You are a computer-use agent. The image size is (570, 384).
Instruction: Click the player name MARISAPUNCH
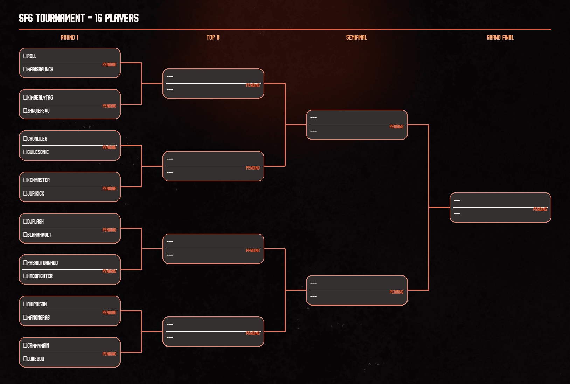point(40,69)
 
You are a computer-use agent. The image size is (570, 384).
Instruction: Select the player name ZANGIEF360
point(38,111)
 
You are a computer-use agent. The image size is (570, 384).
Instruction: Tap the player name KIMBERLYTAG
point(40,97)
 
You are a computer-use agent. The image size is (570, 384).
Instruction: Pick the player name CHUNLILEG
point(37,139)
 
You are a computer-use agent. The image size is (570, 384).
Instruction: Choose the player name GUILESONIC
point(38,152)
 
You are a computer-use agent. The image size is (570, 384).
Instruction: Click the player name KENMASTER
point(38,180)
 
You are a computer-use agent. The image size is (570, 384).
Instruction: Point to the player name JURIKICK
point(35,193)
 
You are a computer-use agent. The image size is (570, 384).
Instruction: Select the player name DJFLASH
point(35,221)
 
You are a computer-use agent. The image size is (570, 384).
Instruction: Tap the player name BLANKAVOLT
point(39,235)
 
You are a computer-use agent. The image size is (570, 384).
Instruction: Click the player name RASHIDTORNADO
point(42,263)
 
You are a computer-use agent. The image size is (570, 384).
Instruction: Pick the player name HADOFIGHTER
point(40,276)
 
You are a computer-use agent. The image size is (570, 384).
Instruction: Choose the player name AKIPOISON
point(37,304)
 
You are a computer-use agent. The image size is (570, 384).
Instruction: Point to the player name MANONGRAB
point(38,317)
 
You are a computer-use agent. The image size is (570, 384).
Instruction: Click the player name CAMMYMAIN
point(38,345)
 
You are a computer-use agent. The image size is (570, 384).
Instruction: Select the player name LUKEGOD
point(35,359)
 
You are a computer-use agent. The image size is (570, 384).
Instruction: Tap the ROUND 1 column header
point(70,37)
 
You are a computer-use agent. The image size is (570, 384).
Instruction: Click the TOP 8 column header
point(213,37)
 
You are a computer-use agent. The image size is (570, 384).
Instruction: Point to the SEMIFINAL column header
point(356,37)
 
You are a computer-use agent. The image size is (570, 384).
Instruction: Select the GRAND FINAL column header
point(500,37)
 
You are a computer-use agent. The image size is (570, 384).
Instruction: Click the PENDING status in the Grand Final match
point(540,209)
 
